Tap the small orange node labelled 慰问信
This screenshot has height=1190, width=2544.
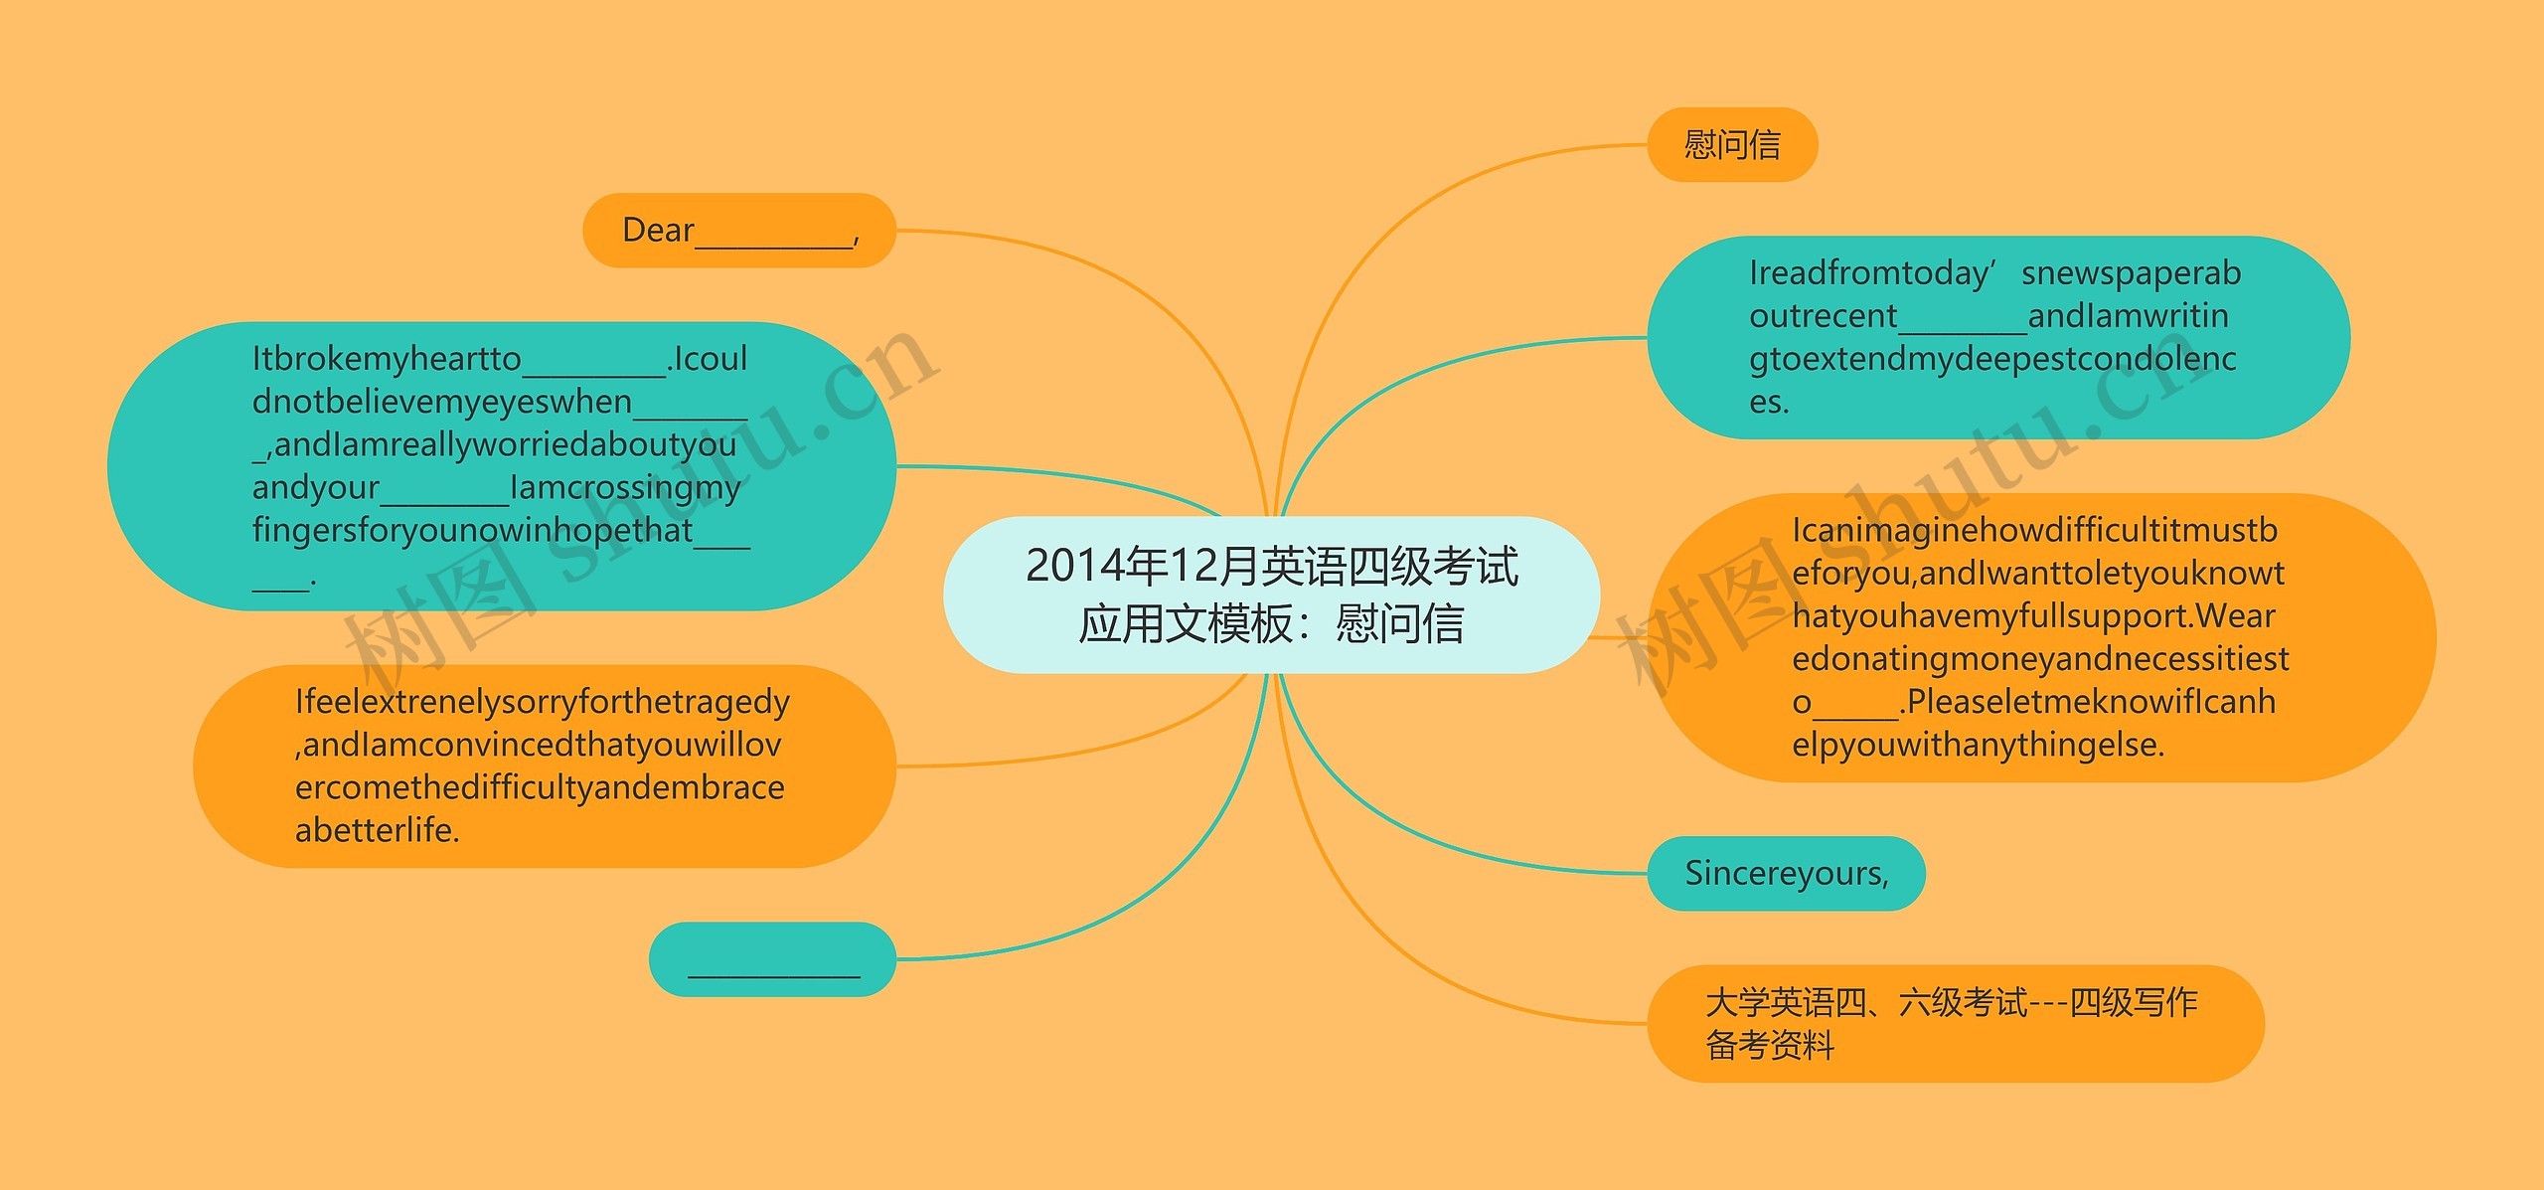tap(1732, 145)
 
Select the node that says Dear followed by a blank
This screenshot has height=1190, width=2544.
tap(738, 231)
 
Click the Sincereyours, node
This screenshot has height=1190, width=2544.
tap(1786, 874)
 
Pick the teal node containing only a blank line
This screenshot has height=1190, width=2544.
tap(772, 959)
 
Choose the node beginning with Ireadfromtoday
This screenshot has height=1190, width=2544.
tap(1997, 337)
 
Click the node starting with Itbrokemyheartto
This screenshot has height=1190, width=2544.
tap(501, 465)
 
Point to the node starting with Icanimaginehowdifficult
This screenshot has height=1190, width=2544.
tap(2041, 637)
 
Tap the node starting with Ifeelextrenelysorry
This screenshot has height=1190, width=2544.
tap(544, 765)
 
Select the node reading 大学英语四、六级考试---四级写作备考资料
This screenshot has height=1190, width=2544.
tap(1955, 1023)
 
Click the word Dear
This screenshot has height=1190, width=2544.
tap(657, 231)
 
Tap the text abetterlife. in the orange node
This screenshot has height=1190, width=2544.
tap(378, 830)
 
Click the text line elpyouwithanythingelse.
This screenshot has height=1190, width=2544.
tap(1978, 745)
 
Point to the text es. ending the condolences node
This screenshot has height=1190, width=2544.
tap(1769, 403)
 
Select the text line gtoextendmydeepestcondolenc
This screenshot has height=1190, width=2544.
tap(1992, 359)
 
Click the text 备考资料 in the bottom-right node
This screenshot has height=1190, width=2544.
tap(1770, 1045)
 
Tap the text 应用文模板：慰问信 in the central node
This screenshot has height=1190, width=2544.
tap(1271, 624)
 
